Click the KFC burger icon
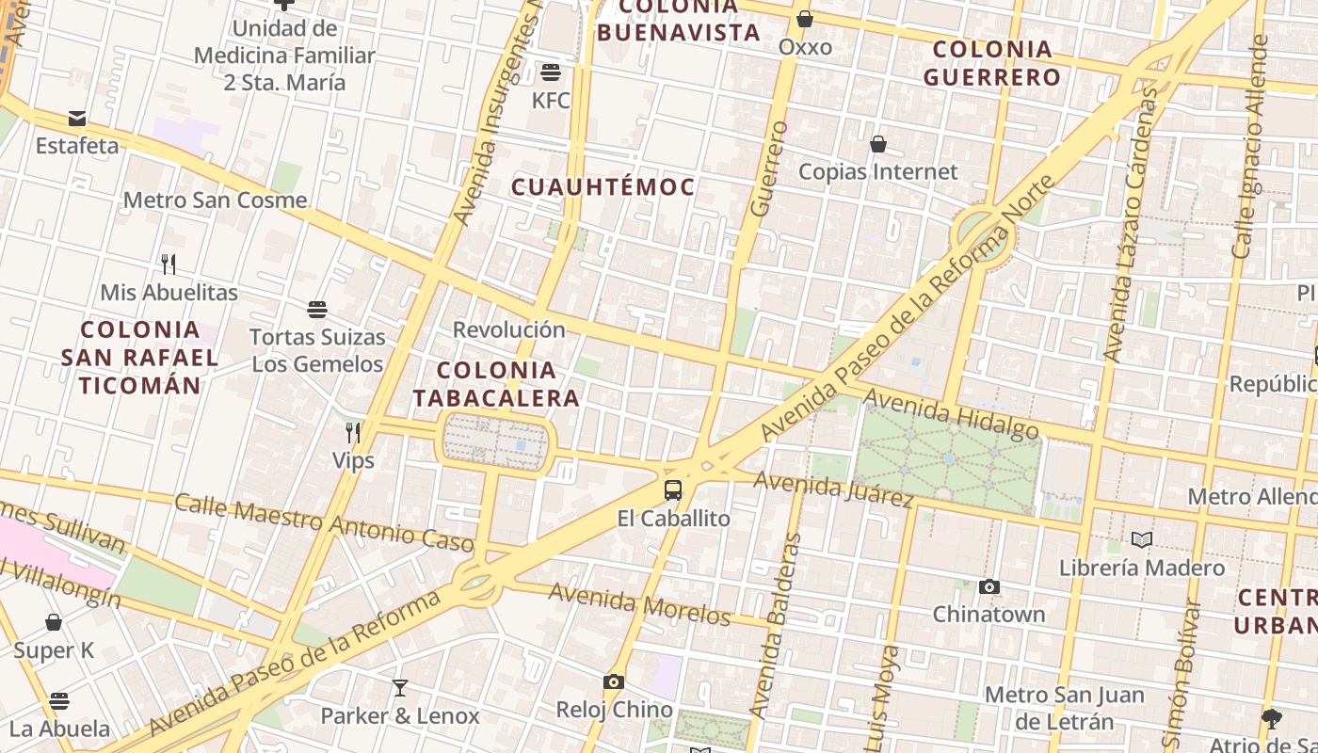[551, 72]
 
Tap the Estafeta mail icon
[77, 119]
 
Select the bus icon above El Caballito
[673, 490]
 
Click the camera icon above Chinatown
[988, 587]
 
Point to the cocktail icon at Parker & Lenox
[400, 688]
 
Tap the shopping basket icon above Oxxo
[805, 19]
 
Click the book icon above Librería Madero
[1142, 540]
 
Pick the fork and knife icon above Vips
[353, 433]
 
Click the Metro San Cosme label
[215, 200]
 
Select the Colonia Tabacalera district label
[496, 384]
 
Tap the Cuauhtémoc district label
[603, 186]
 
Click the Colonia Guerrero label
[992, 63]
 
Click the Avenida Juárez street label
[834, 488]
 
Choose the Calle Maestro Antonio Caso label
[324, 521]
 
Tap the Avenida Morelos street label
[639, 604]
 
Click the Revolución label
[508, 330]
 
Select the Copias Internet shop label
[877, 172]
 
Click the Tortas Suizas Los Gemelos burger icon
[317, 310]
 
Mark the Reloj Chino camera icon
[614, 682]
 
